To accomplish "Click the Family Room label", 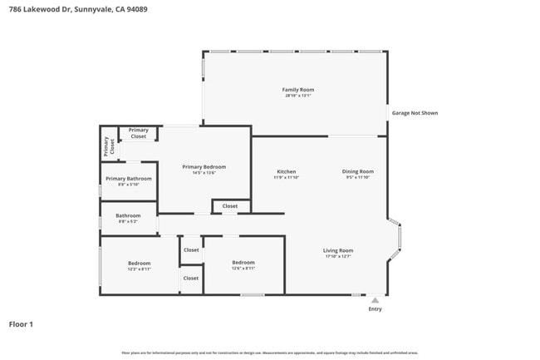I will (298, 89).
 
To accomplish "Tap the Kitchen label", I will (286, 171).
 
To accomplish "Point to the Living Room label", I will (338, 250).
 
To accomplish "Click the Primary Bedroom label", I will (204, 166).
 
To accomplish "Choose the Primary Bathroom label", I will (128, 178).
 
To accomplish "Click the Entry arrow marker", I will (375, 301).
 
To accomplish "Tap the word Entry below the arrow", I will (376, 309).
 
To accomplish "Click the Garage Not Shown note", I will (415, 113).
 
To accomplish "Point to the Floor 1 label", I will (21, 324).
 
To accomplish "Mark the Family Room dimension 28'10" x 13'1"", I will (298, 96).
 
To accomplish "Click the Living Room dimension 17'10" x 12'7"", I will (338, 256).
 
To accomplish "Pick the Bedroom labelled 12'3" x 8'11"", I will (139, 265).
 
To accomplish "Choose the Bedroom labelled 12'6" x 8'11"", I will (243, 265).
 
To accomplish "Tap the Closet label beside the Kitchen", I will (230, 205).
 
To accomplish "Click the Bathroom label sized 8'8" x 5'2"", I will (128, 218).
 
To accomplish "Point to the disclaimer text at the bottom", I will (270, 353).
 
